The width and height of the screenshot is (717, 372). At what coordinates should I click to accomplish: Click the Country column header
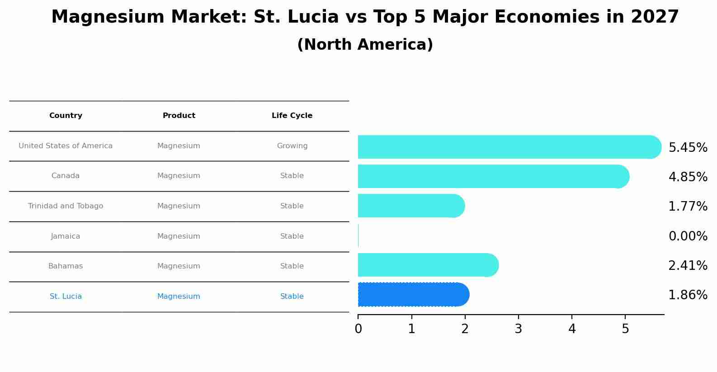(66, 116)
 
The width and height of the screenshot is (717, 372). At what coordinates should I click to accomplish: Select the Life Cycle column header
(292, 116)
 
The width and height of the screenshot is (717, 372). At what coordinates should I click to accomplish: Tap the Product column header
(179, 116)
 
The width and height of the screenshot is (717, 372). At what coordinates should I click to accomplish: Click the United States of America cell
(66, 146)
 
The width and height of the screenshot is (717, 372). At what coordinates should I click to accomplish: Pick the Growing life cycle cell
(292, 146)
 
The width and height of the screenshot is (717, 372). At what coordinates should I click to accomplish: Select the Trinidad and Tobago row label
(66, 206)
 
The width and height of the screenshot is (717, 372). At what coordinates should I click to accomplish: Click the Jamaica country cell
(66, 236)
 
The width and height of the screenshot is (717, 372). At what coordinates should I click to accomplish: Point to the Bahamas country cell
(66, 266)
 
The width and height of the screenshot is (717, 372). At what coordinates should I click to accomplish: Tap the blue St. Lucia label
(66, 297)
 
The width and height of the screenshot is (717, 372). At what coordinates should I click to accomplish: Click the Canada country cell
(66, 176)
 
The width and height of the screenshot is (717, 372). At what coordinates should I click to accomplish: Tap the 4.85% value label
(688, 177)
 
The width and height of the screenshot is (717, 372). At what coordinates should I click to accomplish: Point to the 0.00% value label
(688, 236)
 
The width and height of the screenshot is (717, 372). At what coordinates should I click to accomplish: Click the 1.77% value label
(688, 207)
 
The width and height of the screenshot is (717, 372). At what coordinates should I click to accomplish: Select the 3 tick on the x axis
(519, 329)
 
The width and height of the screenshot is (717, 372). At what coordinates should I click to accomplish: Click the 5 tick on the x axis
(625, 329)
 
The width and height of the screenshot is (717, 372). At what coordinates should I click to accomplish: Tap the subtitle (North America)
(365, 45)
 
